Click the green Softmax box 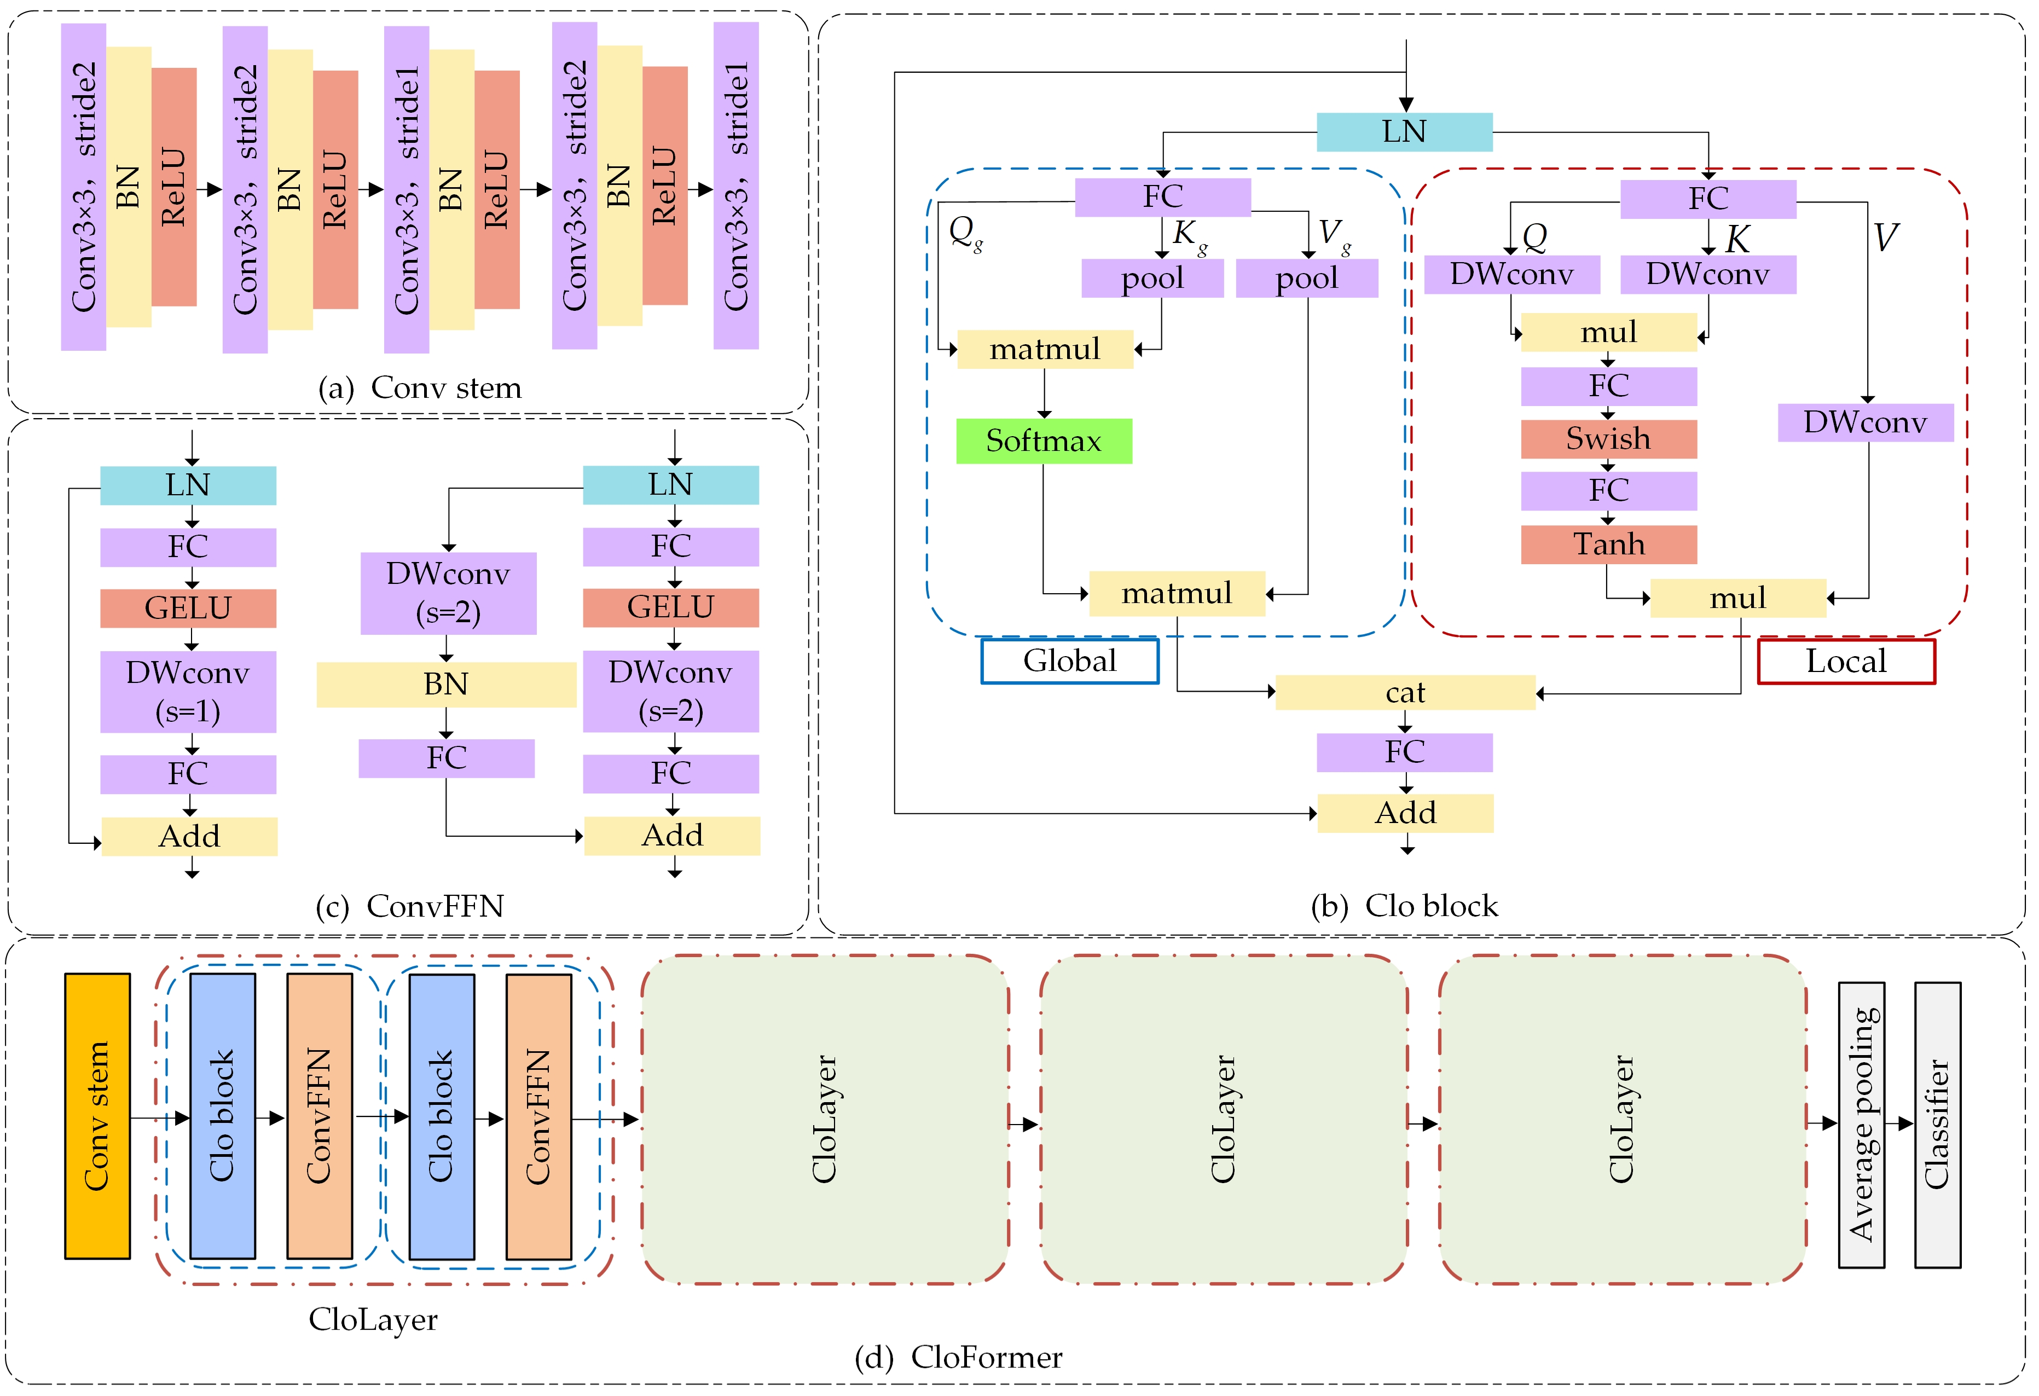tap(1043, 441)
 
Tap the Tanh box tap(1608, 544)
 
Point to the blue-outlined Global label tap(1069, 661)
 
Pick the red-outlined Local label tap(1846, 661)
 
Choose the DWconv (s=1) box tap(188, 691)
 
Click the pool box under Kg tap(1152, 278)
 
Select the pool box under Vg tap(1306, 278)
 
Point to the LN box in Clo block tap(1404, 132)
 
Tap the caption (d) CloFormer tap(958, 1357)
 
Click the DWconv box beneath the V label tap(1866, 422)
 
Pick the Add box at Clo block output tap(1405, 813)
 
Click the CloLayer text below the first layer tap(373, 1319)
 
